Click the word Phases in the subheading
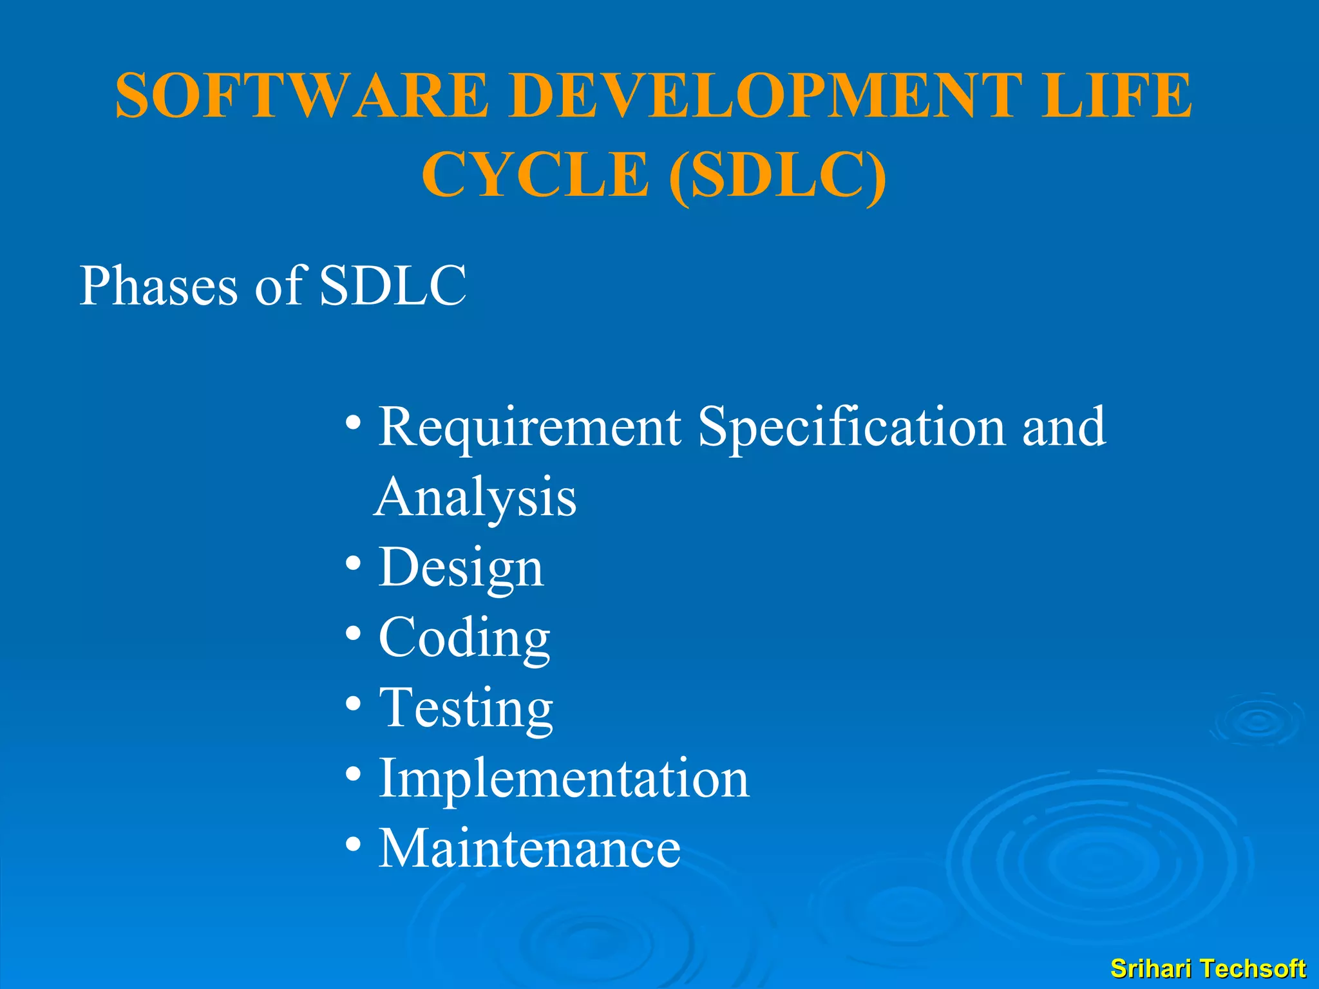coord(158,286)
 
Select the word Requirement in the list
coord(529,428)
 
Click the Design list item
coord(461,568)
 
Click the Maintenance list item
coord(529,848)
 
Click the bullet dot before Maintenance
coord(353,843)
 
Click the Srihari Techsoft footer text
coord(1208,968)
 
